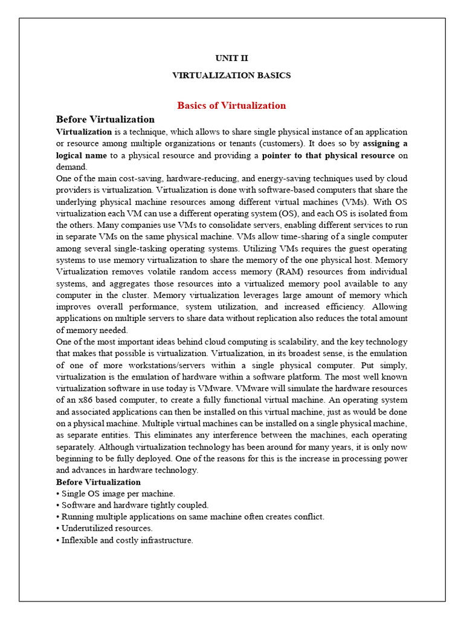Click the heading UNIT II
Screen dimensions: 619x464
tap(231, 59)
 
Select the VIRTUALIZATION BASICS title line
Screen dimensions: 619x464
tap(231, 76)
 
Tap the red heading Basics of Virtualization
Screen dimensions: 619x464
tap(231, 106)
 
